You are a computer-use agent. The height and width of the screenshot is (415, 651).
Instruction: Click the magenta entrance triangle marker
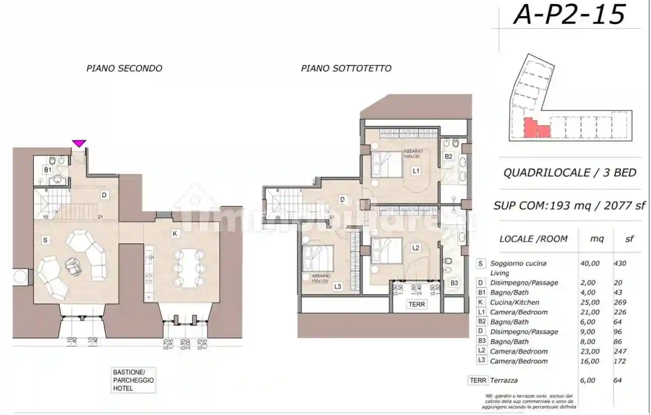coord(79,144)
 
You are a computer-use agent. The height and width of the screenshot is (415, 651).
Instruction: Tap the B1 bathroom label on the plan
coord(47,170)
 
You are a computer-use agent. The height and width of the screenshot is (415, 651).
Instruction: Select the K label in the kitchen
coord(174,234)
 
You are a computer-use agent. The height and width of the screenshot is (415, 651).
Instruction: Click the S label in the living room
coord(45,241)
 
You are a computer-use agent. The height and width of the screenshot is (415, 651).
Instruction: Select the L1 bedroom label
coord(416,171)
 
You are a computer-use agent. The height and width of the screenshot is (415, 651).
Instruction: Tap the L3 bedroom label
coord(338,287)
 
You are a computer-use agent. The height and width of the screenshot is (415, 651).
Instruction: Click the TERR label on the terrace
coord(417,305)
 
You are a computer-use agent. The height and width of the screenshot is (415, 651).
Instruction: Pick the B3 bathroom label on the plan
coord(454,283)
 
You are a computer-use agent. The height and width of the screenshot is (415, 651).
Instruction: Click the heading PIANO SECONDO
coord(124,68)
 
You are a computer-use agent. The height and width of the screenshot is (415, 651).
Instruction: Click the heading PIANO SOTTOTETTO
coord(346,68)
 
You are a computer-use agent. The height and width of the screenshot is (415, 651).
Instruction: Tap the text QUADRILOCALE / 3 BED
coord(570,172)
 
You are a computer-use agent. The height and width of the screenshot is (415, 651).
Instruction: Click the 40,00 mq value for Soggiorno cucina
coord(590,263)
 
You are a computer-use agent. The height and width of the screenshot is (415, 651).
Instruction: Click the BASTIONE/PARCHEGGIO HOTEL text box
coord(133,380)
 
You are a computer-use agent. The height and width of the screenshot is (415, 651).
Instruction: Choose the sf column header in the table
coord(629,239)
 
